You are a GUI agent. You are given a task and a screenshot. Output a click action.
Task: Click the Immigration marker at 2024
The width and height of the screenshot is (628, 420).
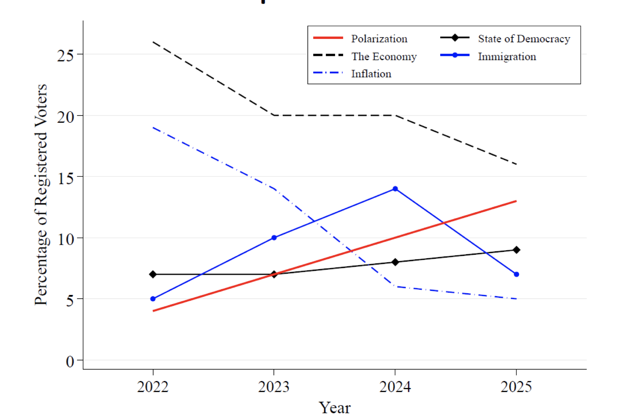(x=395, y=189)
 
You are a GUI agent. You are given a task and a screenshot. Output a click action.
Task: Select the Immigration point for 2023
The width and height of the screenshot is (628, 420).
(x=274, y=238)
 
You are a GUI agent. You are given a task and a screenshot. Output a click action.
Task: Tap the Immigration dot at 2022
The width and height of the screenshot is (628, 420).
(x=153, y=299)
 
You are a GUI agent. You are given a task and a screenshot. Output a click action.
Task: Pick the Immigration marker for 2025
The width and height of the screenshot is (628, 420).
(x=516, y=274)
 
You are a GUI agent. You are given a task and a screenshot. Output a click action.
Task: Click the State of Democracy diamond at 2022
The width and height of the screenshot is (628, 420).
(x=153, y=274)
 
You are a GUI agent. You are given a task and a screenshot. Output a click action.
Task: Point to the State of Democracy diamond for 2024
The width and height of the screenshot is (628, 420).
(x=395, y=262)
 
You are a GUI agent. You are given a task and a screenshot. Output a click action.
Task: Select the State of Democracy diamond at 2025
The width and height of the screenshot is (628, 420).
(x=516, y=250)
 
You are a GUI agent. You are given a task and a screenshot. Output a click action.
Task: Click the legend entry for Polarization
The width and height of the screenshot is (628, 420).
(x=379, y=39)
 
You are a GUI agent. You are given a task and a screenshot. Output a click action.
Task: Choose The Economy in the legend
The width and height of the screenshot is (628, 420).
(x=384, y=56)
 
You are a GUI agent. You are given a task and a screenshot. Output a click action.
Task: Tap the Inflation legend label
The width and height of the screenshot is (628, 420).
(x=371, y=74)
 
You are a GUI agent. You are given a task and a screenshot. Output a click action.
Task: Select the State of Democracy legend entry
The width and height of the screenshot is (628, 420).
(x=523, y=39)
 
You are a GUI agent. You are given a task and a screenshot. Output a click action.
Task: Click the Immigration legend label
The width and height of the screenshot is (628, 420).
(x=507, y=56)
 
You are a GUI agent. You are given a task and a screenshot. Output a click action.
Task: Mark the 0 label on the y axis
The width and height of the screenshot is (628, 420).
(x=70, y=361)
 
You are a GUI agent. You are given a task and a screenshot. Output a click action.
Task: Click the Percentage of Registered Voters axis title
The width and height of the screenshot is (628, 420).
(x=41, y=195)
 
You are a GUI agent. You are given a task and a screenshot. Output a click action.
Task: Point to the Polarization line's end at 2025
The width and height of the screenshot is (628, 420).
(x=516, y=201)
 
